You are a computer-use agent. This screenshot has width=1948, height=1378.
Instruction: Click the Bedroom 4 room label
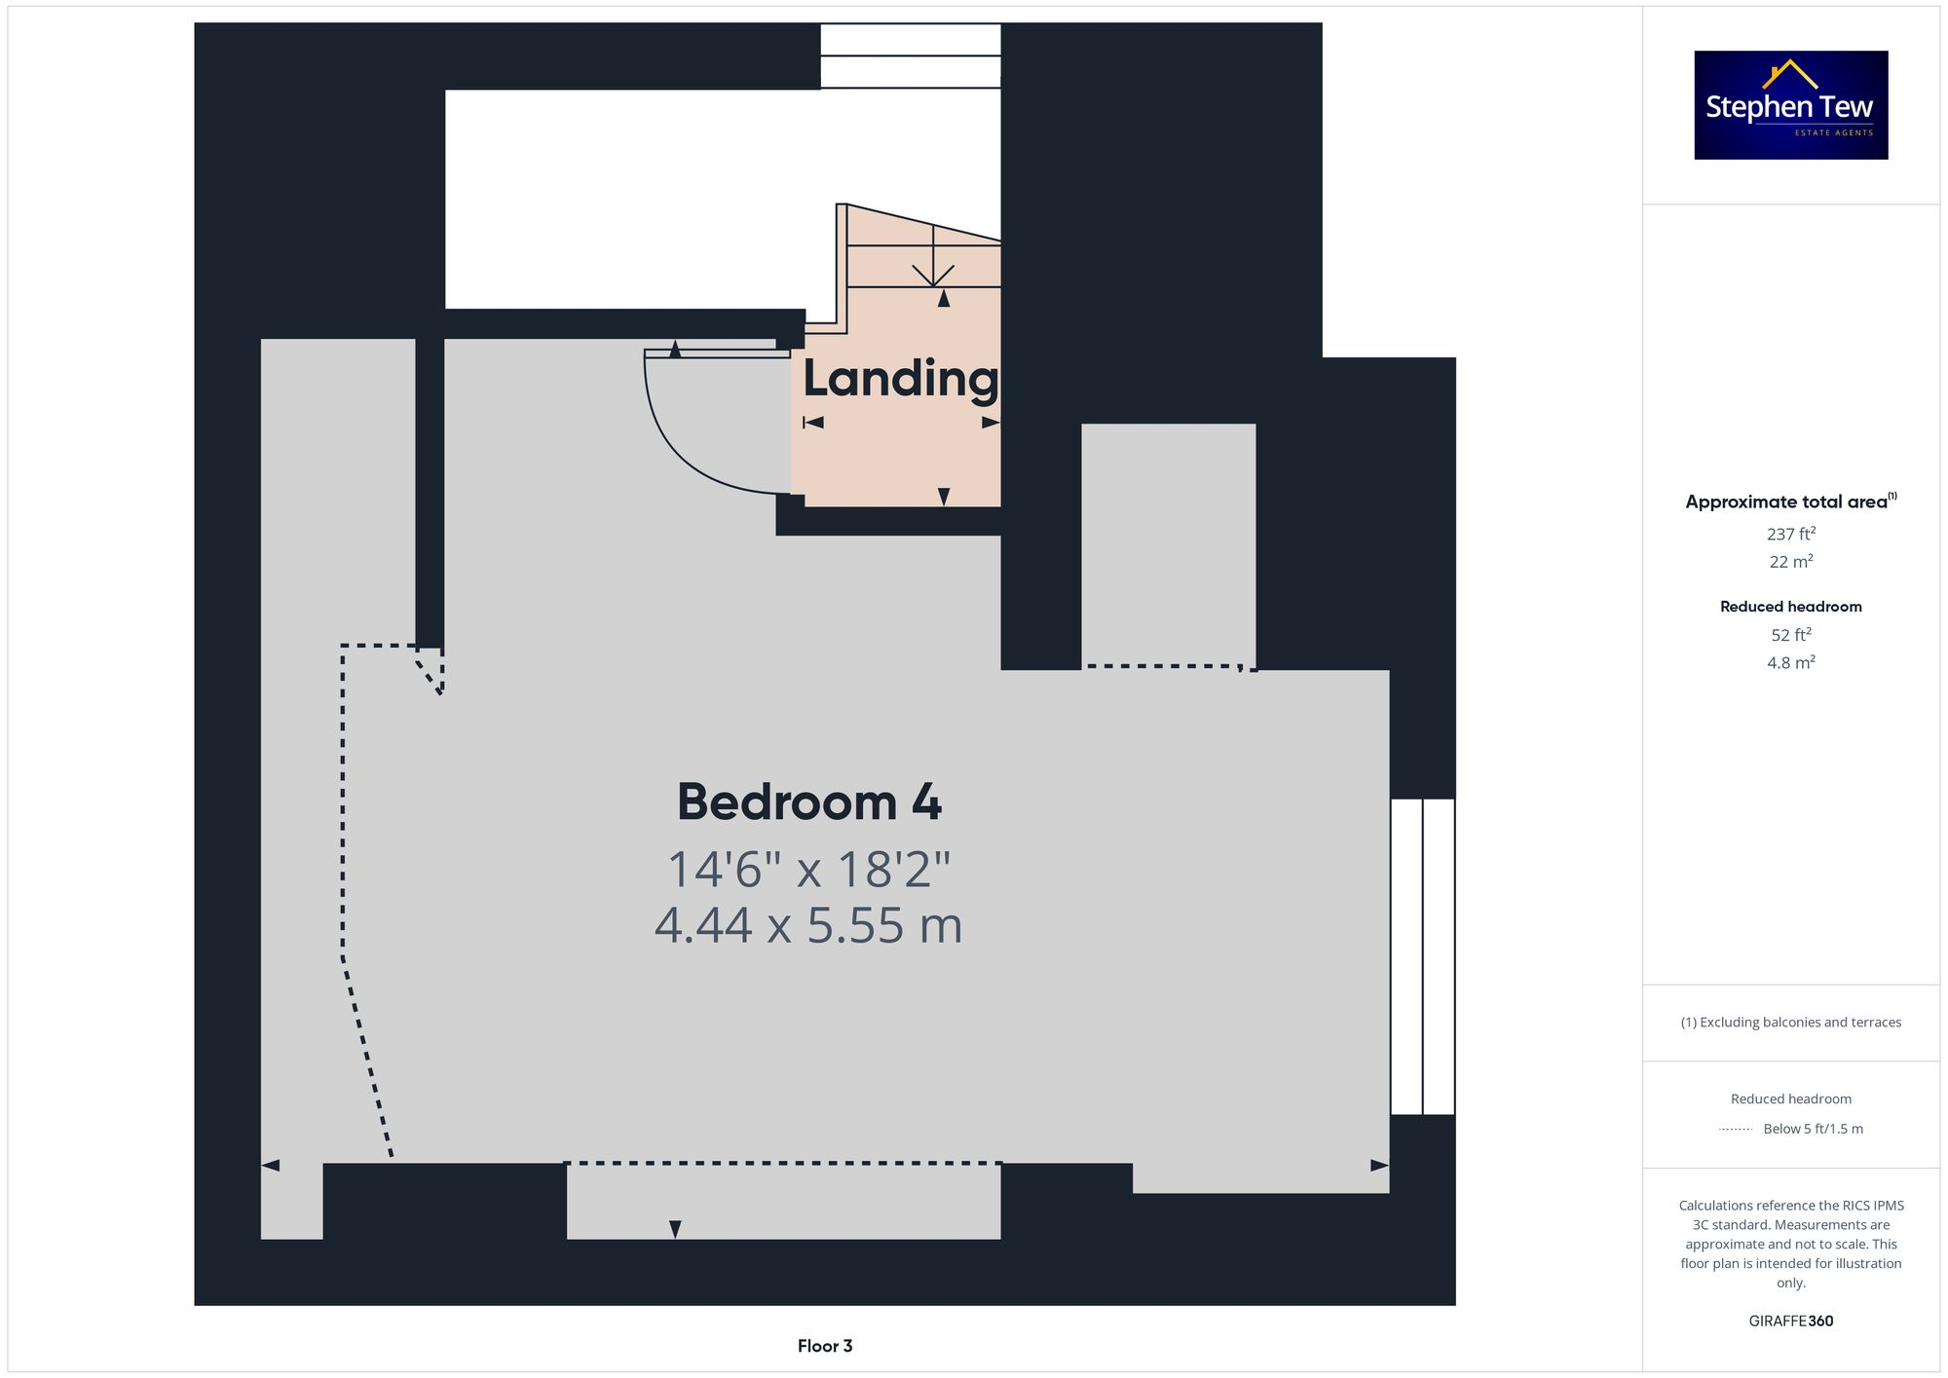pos(808,802)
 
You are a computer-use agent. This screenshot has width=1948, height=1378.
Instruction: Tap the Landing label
pos(900,379)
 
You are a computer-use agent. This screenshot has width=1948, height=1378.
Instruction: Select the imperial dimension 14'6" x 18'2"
pos(808,870)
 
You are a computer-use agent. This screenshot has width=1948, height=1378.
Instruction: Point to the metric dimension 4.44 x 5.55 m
pos(808,925)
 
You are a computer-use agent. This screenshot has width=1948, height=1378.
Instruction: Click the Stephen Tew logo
pos(1790,105)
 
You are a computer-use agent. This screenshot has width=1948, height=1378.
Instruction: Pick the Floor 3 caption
pos(824,1346)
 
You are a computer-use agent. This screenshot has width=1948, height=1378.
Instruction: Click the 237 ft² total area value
pos(1790,534)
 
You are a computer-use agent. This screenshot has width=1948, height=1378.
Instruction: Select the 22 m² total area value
pos(1790,562)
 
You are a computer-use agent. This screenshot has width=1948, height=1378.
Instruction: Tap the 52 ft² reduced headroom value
pos(1790,635)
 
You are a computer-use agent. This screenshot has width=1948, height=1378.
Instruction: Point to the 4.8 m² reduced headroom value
pos(1790,663)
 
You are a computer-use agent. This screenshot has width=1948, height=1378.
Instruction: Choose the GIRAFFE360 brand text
pos(1790,1322)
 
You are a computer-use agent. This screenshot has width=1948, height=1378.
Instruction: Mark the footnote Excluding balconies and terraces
pos(1790,1023)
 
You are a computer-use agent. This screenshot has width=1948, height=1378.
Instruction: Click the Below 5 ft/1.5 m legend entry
pos(1812,1129)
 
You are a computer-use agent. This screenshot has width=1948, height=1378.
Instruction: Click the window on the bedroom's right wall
pos(1422,956)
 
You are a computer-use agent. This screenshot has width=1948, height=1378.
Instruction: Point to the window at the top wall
pos(910,56)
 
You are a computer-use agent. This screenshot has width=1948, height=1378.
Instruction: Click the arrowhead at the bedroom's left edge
pos(271,1165)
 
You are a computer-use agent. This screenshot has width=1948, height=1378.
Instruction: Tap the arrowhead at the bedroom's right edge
pos(1379,1165)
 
